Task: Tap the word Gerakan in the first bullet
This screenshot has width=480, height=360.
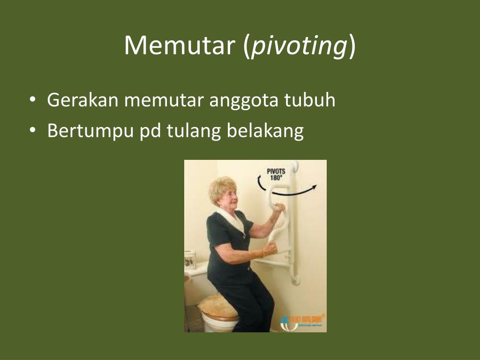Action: (x=82, y=100)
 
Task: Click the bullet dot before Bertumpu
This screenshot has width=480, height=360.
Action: (x=32, y=131)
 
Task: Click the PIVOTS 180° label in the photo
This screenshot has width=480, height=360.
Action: (x=276, y=174)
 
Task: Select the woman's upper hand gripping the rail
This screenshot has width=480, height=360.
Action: (x=280, y=208)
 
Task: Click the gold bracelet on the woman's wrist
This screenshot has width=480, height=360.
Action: (x=263, y=253)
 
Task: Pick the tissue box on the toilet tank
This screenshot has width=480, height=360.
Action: (x=190, y=260)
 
